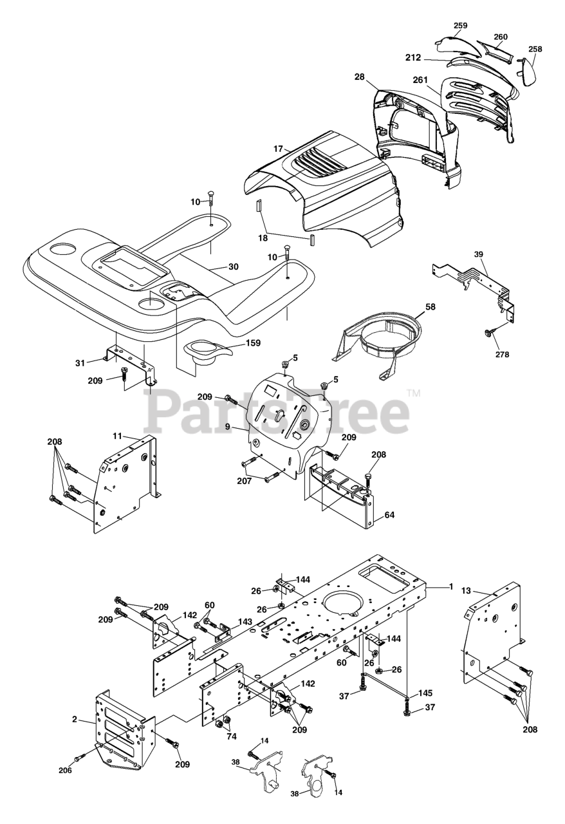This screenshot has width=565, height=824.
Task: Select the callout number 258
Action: pyautogui.click(x=535, y=50)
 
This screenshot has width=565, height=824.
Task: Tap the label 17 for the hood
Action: pyautogui.click(x=278, y=149)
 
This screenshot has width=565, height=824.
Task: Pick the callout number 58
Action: pyautogui.click(x=430, y=307)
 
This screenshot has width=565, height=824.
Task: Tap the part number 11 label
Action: pyautogui.click(x=117, y=436)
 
